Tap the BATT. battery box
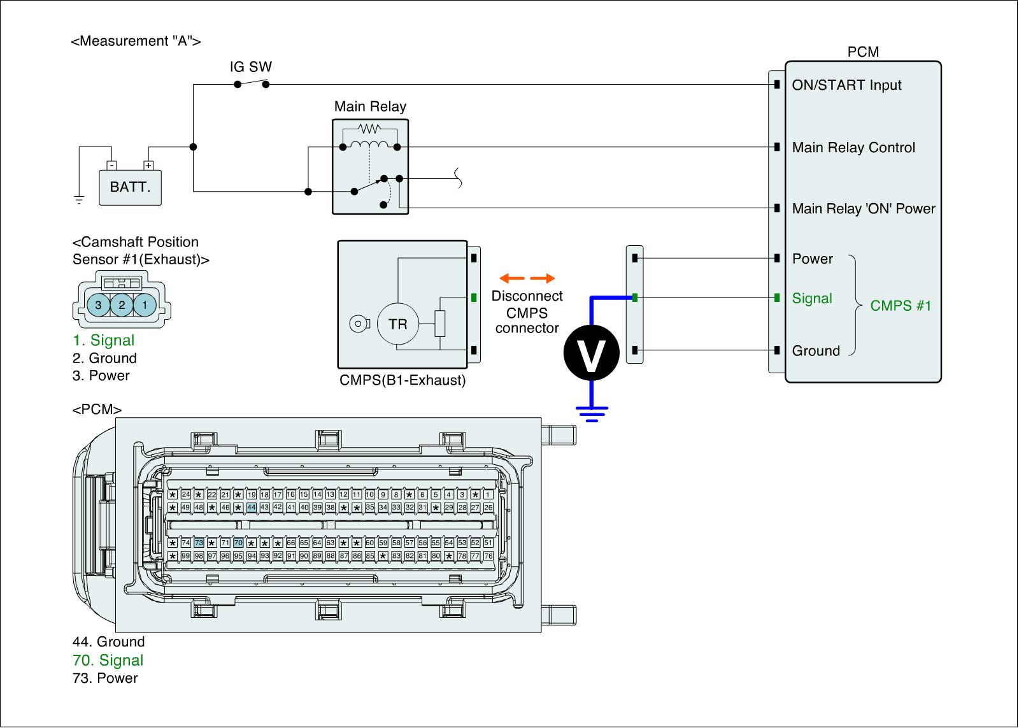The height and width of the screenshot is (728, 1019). click(x=131, y=187)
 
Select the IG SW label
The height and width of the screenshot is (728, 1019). click(x=250, y=67)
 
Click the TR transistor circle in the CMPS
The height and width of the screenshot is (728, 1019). click(x=397, y=324)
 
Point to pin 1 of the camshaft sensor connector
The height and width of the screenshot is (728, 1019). click(x=145, y=305)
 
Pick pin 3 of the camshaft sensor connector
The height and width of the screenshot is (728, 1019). click(x=98, y=305)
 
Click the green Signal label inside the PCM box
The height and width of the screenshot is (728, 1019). click(x=812, y=298)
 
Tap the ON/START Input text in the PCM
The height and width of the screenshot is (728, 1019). click(x=846, y=85)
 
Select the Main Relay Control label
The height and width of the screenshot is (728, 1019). click(x=853, y=148)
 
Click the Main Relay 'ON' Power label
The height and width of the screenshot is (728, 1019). click(x=864, y=209)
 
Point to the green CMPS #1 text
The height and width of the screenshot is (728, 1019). click(x=901, y=306)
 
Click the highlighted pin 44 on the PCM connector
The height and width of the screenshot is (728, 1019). click(x=252, y=508)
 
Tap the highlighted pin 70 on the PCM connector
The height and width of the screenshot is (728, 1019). click(x=238, y=543)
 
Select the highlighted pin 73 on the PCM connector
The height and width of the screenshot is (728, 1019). click(x=199, y=543)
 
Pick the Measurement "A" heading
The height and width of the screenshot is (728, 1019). click(x=136, y=41)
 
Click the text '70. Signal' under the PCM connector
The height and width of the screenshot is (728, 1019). click(x=108, y=660)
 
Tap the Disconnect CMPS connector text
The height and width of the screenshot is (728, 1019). click(x=527, y=312)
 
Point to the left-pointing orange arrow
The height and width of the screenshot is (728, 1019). click(x=511, y=278)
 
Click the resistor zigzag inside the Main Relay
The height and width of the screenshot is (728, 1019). click(x=369, y=129)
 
